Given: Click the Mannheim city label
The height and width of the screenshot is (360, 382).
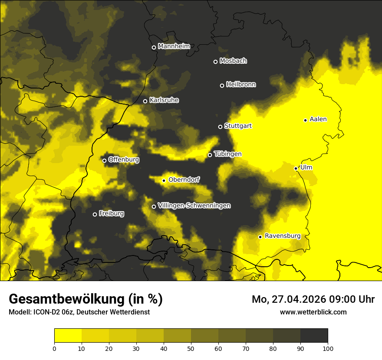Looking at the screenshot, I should click(x=174, y=46).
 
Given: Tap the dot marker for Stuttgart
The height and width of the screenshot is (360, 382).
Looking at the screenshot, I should click(x=220, y=127).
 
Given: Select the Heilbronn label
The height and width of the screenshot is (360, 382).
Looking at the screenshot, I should click(x=241, y=85).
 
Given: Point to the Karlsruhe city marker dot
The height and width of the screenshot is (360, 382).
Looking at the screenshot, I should click(x=145, y=101).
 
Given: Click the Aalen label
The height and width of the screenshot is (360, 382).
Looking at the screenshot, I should click(x=318, y=119).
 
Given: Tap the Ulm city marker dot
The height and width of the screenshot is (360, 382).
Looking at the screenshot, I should click(x=296, y=168).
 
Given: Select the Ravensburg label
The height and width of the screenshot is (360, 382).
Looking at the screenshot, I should click(x=283, y=236).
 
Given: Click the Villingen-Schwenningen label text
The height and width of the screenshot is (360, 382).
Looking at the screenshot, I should click(x=194, y=206).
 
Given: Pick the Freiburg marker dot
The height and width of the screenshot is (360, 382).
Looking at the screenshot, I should click(x=95, y=214).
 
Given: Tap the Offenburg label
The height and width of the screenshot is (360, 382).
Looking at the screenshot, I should click(x=124, y=160).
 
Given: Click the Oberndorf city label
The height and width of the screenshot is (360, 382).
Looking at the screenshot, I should click(x=184, y=180).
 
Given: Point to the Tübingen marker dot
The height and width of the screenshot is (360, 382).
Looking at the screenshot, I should click(x=210, y=155).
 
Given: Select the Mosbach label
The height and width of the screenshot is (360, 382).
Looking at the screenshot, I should click(x=233, y=61).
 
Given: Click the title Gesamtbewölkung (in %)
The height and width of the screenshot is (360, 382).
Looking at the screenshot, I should click(x=86, y=299).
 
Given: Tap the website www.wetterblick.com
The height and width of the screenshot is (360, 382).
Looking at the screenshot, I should click(x=313, y=312).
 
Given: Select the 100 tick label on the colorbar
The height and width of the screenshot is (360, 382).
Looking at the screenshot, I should click(x=328, y=348).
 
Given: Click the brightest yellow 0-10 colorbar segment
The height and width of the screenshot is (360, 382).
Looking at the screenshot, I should click(x=68, y=336).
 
